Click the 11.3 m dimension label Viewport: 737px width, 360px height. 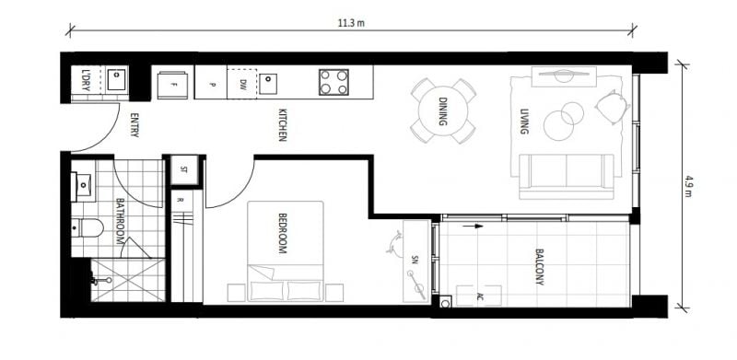click(351, 24)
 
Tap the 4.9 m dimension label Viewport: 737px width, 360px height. click(688, 186)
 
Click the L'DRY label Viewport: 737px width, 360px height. click(86, 80)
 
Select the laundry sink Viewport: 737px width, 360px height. click(116, 80)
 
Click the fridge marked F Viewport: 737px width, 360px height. click(172, 85)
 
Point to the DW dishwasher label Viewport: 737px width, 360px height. click(242, 85)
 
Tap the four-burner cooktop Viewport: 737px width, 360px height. click(333, 82)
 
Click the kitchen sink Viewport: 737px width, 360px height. click(268, 84)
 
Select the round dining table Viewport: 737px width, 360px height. click(443, 110)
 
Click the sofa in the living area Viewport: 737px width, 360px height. click(567, 176)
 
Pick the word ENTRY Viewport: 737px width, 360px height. click(135, 124)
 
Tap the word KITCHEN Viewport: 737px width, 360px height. click(282, 125)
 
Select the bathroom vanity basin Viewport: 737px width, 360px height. click(83, 184)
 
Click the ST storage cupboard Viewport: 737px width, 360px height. click(183, 169)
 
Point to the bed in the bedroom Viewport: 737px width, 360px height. click(286, 251)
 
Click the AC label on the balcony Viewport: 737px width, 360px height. click(479, 296)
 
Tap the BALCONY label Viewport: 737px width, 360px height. click(539, 267)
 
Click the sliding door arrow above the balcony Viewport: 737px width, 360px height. click(473, 226)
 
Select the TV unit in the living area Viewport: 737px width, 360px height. click(564, 76)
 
